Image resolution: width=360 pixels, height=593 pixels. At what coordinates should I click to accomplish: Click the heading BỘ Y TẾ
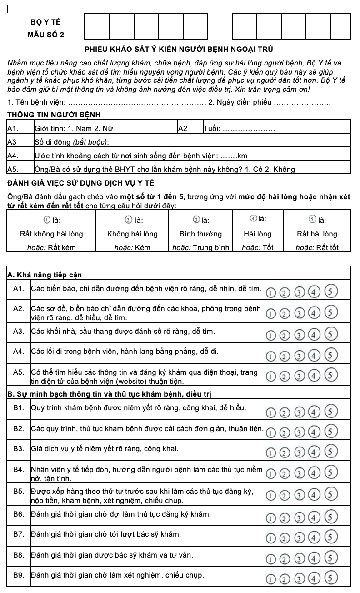(x=45, y=22)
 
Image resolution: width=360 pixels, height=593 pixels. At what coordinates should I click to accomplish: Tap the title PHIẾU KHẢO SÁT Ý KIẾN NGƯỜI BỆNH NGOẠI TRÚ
(x=179, y=49)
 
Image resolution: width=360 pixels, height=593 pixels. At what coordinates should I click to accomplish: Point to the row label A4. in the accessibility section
(x=18, y=352)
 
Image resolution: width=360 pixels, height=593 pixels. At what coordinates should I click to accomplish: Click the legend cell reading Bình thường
(x=200, y=234)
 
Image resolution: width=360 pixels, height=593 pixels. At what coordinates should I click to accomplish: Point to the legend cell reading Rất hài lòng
(x=317, y=234)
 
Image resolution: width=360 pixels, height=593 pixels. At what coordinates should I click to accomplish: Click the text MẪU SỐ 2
(x=46, y=35)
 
